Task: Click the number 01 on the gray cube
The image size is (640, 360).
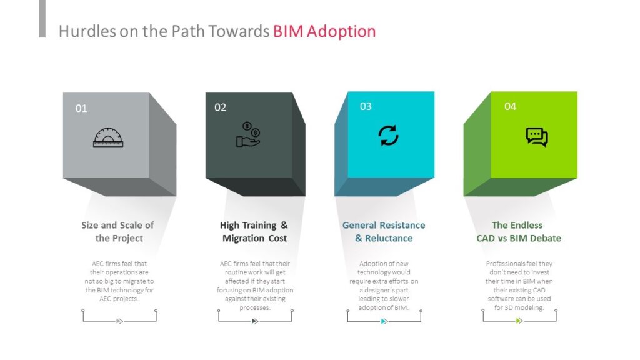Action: coord(81,108)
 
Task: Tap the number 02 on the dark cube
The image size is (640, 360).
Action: coord(220,107)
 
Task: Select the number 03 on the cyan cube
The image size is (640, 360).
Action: coord(366,106)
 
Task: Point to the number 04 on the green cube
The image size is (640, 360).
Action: coord(510,106)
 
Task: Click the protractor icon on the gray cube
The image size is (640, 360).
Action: coord(108,137)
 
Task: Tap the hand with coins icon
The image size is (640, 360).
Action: coord(248,134)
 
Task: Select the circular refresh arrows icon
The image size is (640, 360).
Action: coord(388,136)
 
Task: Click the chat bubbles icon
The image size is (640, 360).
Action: coord(537,137)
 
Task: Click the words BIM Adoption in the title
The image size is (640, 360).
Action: coord(324,31)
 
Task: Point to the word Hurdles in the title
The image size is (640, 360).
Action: coord(87,31)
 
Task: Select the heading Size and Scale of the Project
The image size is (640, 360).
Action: coord(118,232)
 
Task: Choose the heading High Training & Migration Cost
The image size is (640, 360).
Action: coord(254,232)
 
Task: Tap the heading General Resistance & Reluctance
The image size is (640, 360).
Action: coord(384,232)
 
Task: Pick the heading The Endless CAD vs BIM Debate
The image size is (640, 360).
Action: coord(519,232)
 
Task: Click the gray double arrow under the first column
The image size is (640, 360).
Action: coord(119,321)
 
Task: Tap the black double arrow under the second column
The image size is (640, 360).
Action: coord(255,321)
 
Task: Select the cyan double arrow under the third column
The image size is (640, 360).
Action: coord(384,321)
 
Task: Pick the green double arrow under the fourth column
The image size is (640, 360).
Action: coord(519,321)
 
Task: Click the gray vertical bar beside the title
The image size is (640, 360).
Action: coord(42,19)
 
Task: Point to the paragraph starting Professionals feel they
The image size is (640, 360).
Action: coord(519,286)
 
